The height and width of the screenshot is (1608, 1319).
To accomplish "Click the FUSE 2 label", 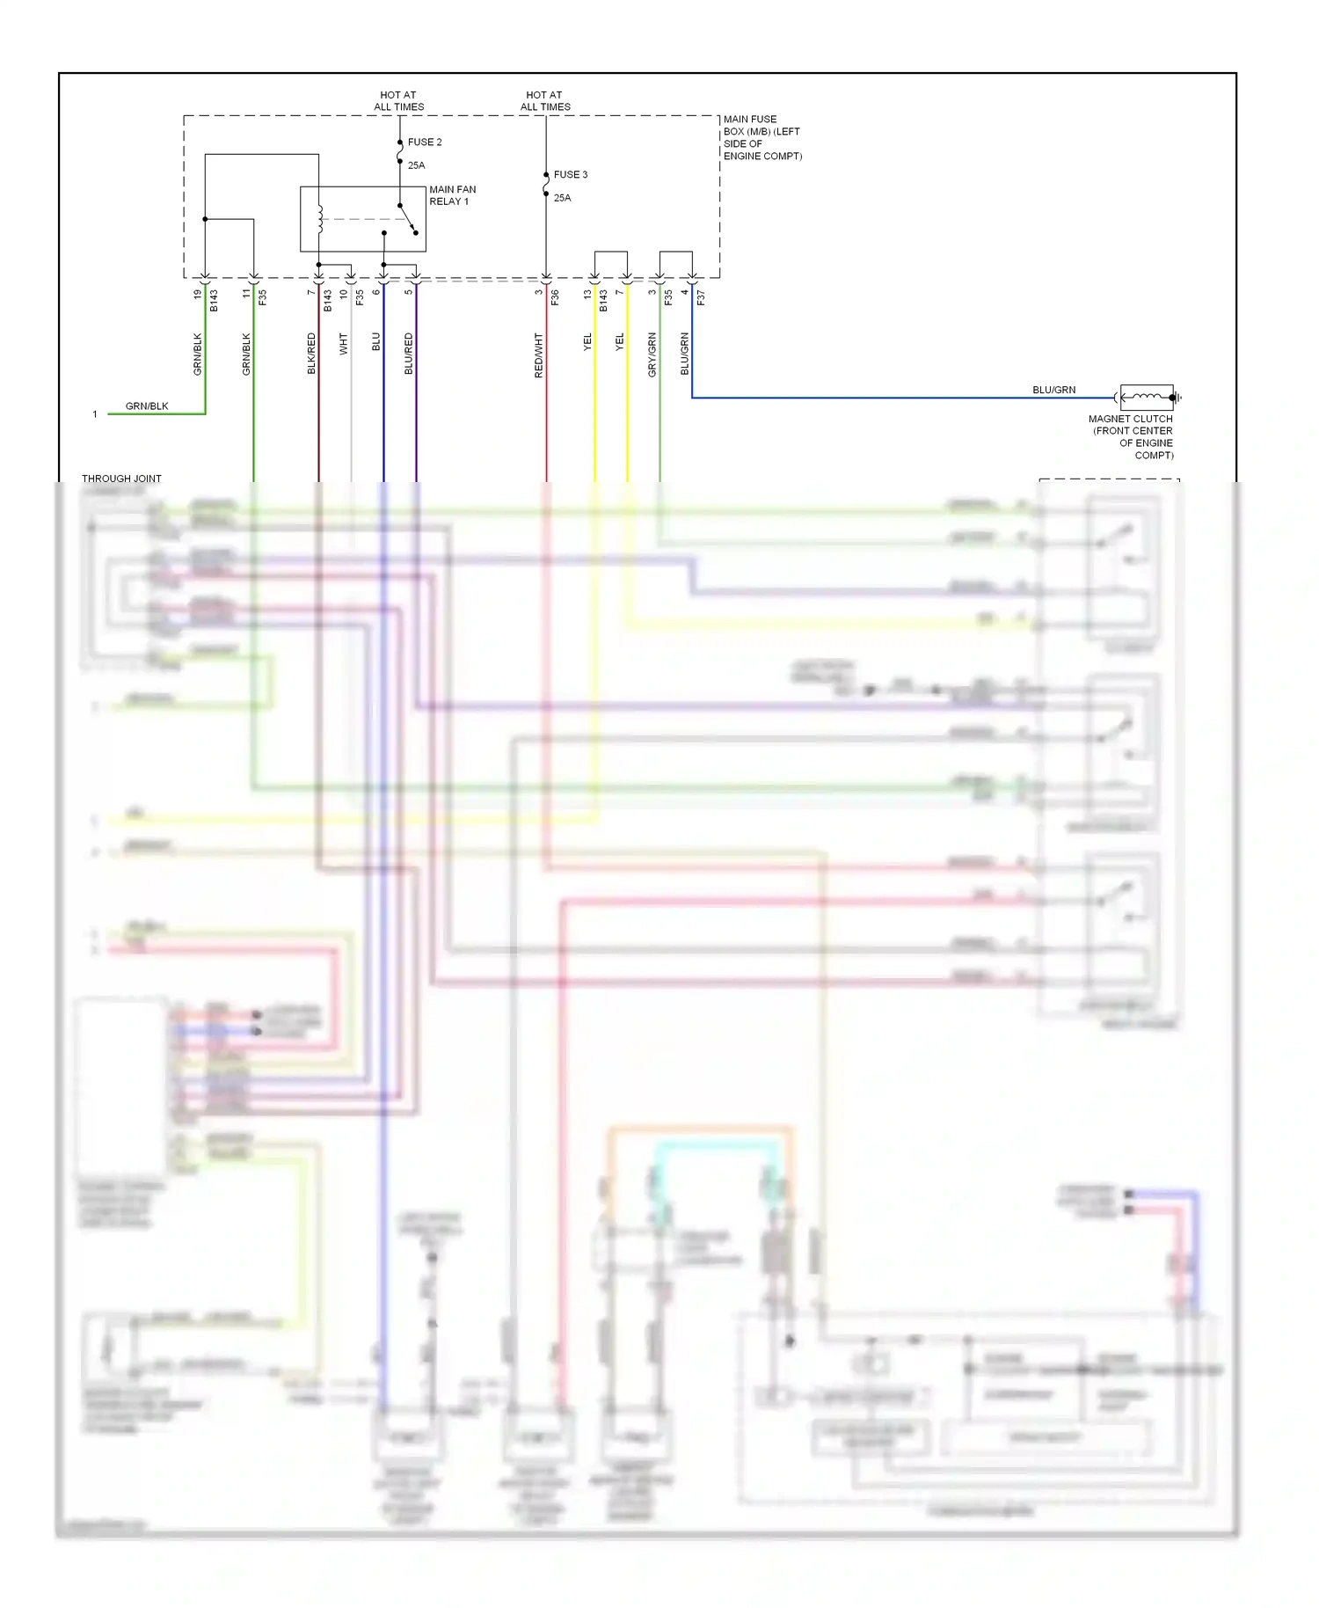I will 424,142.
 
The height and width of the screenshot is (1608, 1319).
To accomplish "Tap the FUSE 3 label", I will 570,174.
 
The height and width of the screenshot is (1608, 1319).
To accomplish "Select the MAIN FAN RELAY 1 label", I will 452,195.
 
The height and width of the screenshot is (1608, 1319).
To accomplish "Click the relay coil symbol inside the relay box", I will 320,219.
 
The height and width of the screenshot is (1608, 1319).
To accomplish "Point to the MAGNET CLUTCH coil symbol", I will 1147,398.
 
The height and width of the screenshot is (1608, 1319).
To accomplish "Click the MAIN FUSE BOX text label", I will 762,137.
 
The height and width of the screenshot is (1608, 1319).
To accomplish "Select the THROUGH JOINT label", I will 121,479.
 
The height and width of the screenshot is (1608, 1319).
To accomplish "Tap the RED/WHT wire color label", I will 538,355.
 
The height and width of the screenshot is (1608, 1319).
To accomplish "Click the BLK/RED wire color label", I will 311,354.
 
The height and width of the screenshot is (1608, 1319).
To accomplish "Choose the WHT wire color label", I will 344,344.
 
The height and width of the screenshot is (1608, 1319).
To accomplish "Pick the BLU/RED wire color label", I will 408,354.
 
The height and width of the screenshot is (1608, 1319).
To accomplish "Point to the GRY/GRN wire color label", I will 652,354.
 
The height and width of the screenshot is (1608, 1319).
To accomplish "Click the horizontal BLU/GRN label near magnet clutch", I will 1053,390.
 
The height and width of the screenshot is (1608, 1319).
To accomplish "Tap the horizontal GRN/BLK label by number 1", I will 147,406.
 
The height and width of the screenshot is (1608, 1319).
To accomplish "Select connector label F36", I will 555,298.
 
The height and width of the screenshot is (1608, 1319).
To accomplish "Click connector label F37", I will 701,298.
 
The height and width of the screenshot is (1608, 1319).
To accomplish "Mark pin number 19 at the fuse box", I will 197,294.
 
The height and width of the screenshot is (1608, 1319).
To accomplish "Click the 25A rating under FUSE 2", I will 416,165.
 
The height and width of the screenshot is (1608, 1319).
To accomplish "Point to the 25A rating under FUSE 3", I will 562,198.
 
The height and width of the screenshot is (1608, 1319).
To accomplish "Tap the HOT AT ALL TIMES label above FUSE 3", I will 545,100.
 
